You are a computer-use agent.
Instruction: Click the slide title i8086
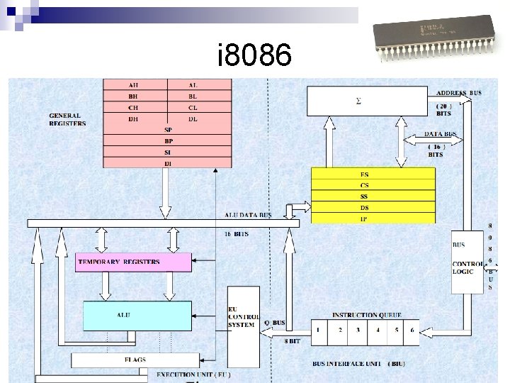(x=254, y=55)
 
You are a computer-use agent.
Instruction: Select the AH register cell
(x=135, y=84)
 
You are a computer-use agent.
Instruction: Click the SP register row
(x=168, y=130)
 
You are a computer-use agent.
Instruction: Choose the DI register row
(x=168, y=164)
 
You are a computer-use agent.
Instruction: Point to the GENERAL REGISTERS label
(x=67, y=119)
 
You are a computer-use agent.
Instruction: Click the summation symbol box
(x=367, y=101)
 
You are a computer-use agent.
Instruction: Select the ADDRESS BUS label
(x=459, y=93)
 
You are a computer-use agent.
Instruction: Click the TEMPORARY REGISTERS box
(x=134, y=262)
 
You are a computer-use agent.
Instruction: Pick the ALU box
(x=137, y=316)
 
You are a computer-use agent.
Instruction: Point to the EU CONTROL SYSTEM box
(x=243, y=316)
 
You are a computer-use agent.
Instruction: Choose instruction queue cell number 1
(x=320, y=331)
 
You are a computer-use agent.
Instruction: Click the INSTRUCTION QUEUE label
(x=367, y=315)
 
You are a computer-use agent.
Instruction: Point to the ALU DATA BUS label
(x=248, y=213)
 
